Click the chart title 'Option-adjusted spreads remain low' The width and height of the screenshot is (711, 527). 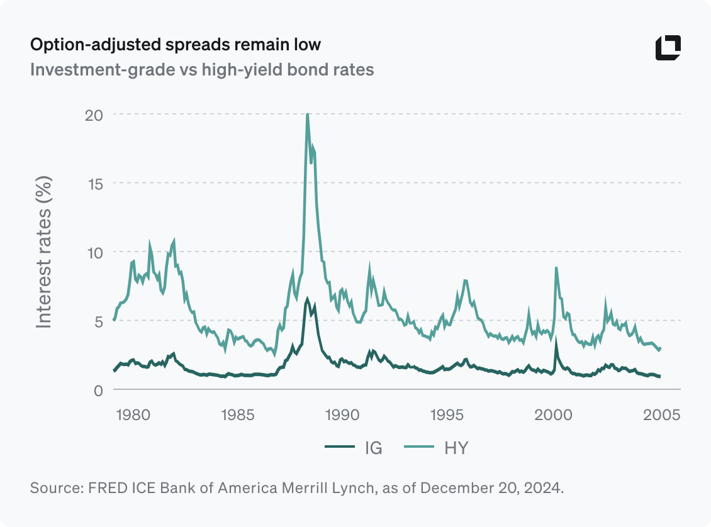pyautogui.click(x=176, y=45)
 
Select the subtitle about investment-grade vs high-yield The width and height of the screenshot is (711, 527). pyautogui.click(x=202, y=69)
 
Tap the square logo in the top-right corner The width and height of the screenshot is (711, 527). pyautogui.click(x=668, y=48)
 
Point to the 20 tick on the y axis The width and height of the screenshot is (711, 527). pyautogui.click(x=94, y=114)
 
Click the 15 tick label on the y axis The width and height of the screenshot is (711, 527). pyautogui.click(x=94, y=183)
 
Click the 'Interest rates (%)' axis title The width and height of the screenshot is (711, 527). pyautogui.click(x=43, y=252)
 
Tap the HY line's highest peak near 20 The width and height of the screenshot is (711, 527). pyautogui.click(x=307, y=115)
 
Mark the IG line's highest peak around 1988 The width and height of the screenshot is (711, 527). pyautogui.click(x=307, y=299)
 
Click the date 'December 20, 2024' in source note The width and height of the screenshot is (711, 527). pyautogui.click(x=491, y=488)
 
